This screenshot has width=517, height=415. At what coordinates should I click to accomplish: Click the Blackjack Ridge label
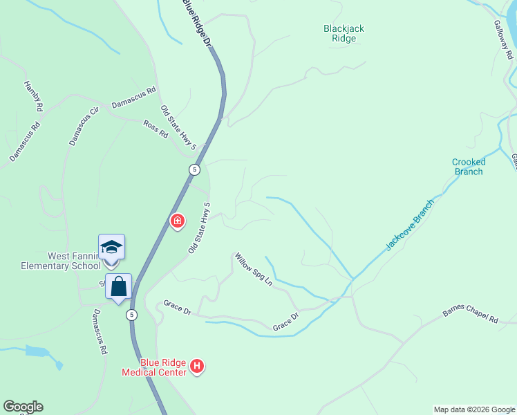344,33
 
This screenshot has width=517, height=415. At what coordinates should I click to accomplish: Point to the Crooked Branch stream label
469,167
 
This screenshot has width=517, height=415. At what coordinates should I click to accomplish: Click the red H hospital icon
197,366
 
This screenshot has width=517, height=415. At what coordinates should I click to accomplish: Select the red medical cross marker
178,221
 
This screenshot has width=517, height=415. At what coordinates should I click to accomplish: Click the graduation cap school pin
111,247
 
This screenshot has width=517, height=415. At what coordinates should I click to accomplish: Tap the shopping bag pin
118,286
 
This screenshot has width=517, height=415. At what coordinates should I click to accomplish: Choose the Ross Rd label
156,129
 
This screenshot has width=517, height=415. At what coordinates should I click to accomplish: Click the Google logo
23,407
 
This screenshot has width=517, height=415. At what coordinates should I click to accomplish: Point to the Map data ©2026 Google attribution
474,409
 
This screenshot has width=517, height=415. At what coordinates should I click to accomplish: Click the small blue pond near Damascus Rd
40,352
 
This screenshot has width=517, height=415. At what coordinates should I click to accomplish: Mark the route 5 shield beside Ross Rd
196,169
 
